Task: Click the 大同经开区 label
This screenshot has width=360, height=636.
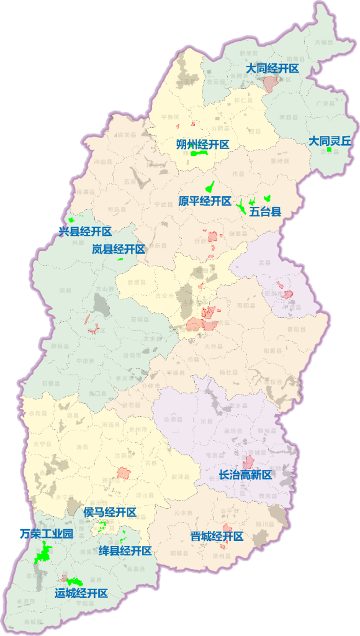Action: (x=272, y=68)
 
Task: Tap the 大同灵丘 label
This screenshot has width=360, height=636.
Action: (x=330, y=141)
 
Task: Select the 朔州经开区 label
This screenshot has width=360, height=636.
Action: (x=203, y=144)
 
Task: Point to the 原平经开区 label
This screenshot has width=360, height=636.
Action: (x=205, y=201)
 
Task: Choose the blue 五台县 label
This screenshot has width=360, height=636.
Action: (x=266, y=211)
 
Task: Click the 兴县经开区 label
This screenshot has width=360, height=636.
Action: (x=85, y=232)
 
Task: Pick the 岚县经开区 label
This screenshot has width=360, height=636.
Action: (x=119, y=249)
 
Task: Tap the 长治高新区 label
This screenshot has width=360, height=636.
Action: (x=246, y=475)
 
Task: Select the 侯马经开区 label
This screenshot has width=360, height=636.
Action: (x=110, y=512)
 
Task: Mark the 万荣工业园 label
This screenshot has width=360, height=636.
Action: (x=47, y=534)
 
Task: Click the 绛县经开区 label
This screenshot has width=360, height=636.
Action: (x=125, y=551)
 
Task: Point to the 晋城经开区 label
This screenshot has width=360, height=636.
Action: (x=217, y=536)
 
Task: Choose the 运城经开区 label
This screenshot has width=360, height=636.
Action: (x=81, y=593)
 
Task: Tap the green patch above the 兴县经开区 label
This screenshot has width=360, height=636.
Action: (x=71, y=219)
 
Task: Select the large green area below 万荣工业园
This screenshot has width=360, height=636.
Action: (x=43, y=552)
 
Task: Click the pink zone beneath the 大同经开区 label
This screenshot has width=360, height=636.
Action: (x=270, y=84)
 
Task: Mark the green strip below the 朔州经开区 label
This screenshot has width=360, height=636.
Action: (x=199, y=153)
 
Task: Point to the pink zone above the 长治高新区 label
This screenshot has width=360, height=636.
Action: (x=248, y=462)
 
